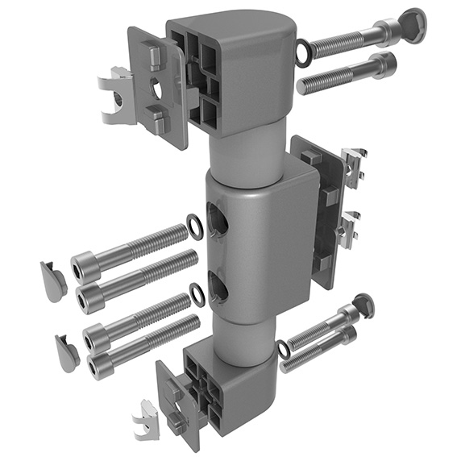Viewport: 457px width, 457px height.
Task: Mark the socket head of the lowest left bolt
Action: point(101,368)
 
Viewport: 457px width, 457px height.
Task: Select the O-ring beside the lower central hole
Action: point(197,291)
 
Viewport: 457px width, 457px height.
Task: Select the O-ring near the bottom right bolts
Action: point(284,350)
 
